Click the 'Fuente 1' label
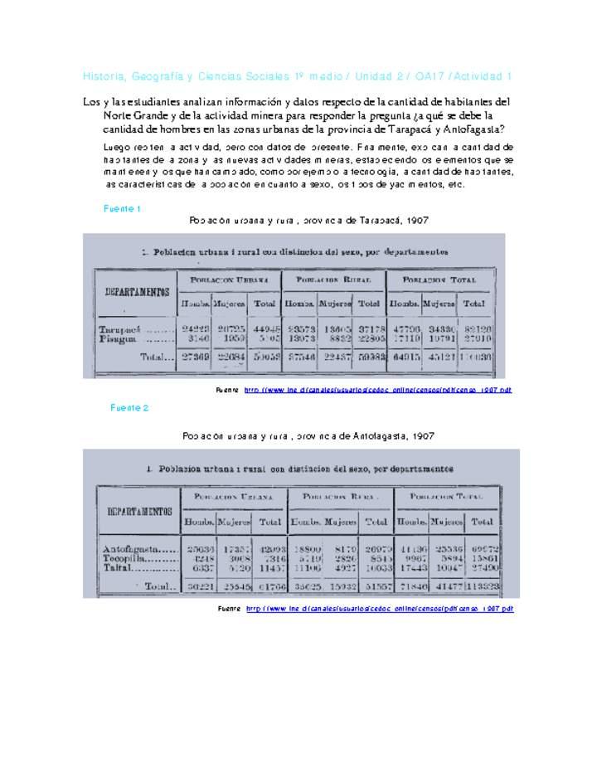(122, 208)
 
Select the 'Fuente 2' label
(129, 407)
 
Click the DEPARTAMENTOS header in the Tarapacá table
(137, 292)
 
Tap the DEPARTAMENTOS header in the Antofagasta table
(138, 511)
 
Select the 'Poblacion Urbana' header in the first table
(229, 280)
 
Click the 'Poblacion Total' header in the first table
(442, 280)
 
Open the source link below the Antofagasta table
(379, 608)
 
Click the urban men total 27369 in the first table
(196, 357)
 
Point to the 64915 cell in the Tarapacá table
(405, 357)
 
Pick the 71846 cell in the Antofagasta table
(412, 586)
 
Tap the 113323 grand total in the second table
(482, 586)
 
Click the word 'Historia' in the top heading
(102, 76)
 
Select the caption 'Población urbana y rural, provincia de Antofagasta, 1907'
(308, 435)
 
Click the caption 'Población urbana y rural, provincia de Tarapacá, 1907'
(308, 221)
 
